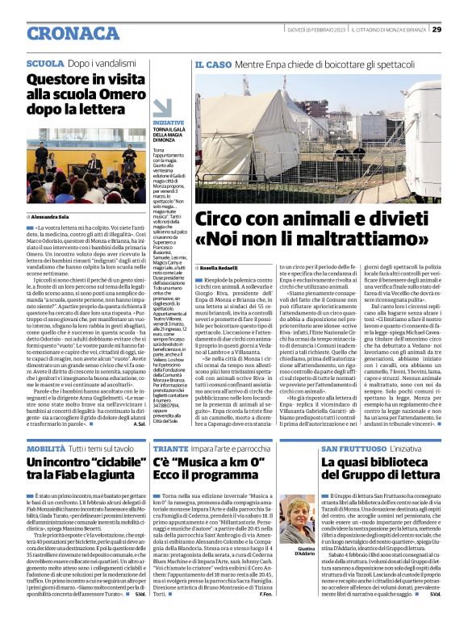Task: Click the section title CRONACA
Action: [x=66, y=31]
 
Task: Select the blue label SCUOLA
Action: [x=46, y=63]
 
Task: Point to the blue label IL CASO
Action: [x=213, y=63]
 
